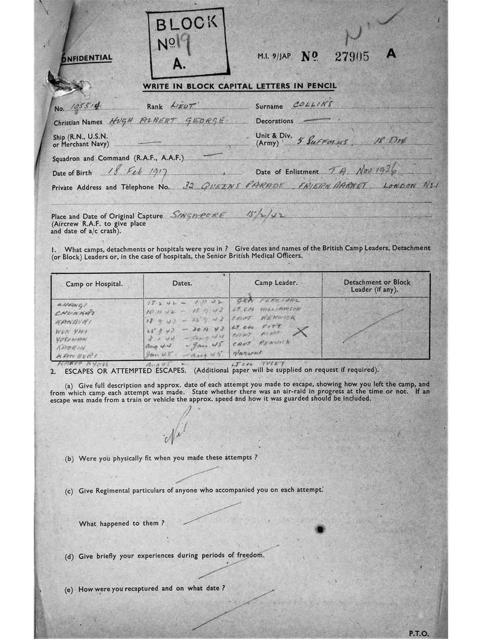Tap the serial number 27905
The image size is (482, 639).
pyautogui.click(x=352, y=56)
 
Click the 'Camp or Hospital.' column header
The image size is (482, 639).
pyautogui.click(x=94, y=283)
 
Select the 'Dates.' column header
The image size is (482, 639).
pyautogui.click(x=182, y=283)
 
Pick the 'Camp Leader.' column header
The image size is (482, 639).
pyautogui.click(x=275, y=283)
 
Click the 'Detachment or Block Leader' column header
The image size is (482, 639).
pyautogui.click(x=376, y=285)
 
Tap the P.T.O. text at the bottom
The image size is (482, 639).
pyautogui.click(x=419, y=633)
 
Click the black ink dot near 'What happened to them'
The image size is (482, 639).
pyautogui.click(x=320, y=529)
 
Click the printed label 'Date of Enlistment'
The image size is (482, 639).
pyautogui.click(x=288, y=172)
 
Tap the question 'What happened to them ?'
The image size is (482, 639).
pyautogui.click(x=122, y=523)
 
